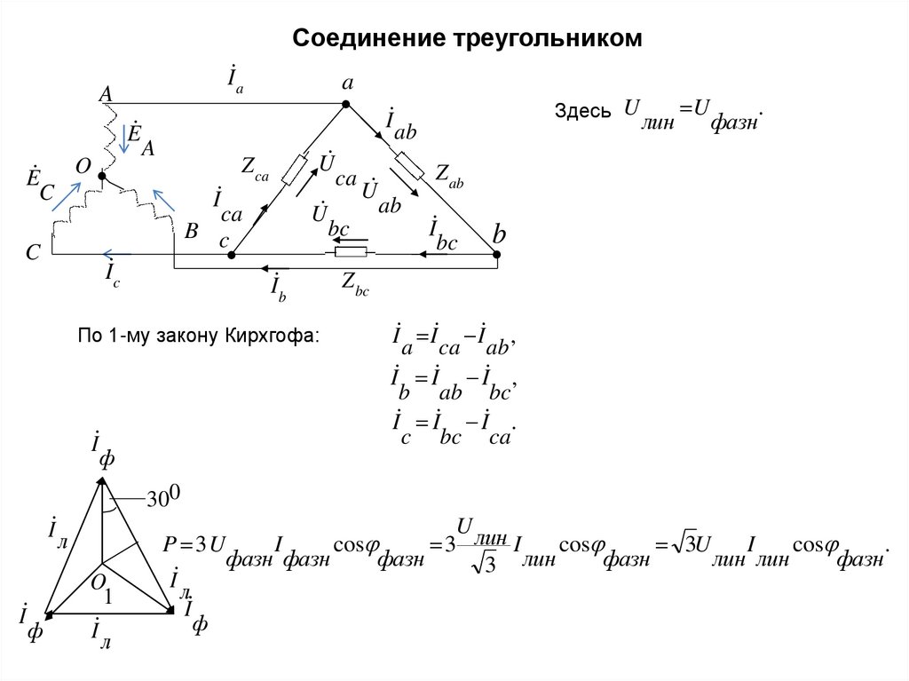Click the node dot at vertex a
pyautogui.click(x=347, y=104)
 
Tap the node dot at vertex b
pyautogui.click(x=497, y=255)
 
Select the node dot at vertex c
pyautogui.click(x=232, y=255)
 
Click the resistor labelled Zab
pyautogui.click(x=413, y=164)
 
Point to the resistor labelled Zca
pyautogui.click(x=296, y=169)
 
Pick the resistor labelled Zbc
pyautogui.click(x=355, y=255)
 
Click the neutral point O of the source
pyautogui.click(x=101, y=177)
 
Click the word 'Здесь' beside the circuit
pyautogui.click(x=582, y=113)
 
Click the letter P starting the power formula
pyautogui.click(x=171, y=543)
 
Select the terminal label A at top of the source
pyautogui.click(x=105, y=94)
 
